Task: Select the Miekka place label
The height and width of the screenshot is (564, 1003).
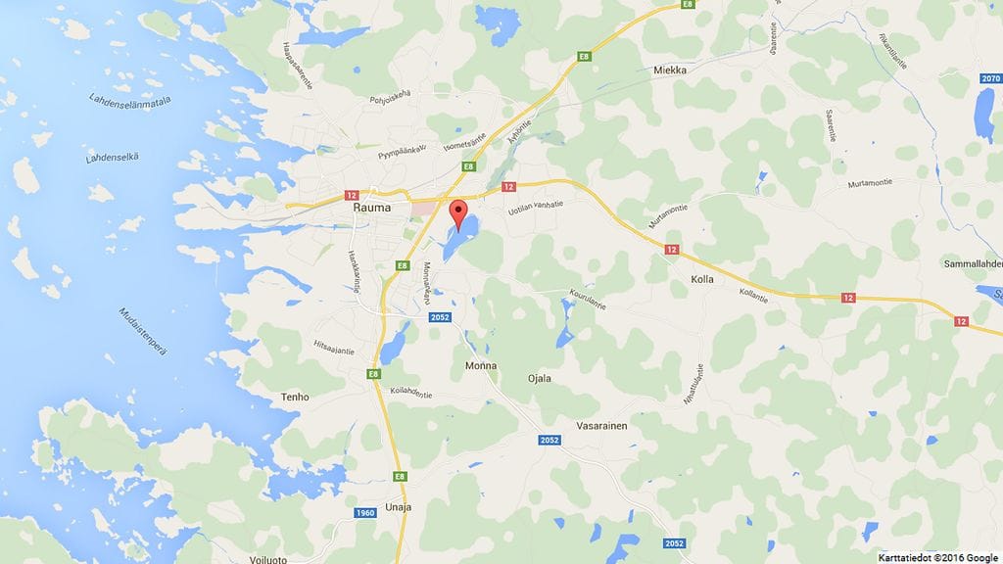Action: [671, 70]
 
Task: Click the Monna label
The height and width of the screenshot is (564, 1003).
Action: [481, 365]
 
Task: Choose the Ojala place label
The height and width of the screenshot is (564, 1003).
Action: [540, 378]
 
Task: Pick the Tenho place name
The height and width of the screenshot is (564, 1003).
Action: [295, 397]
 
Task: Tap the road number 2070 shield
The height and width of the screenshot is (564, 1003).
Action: [990, 77]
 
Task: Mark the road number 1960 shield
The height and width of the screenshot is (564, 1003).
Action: [364, 513]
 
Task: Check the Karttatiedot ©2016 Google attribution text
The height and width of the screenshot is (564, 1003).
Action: [938, 555]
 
